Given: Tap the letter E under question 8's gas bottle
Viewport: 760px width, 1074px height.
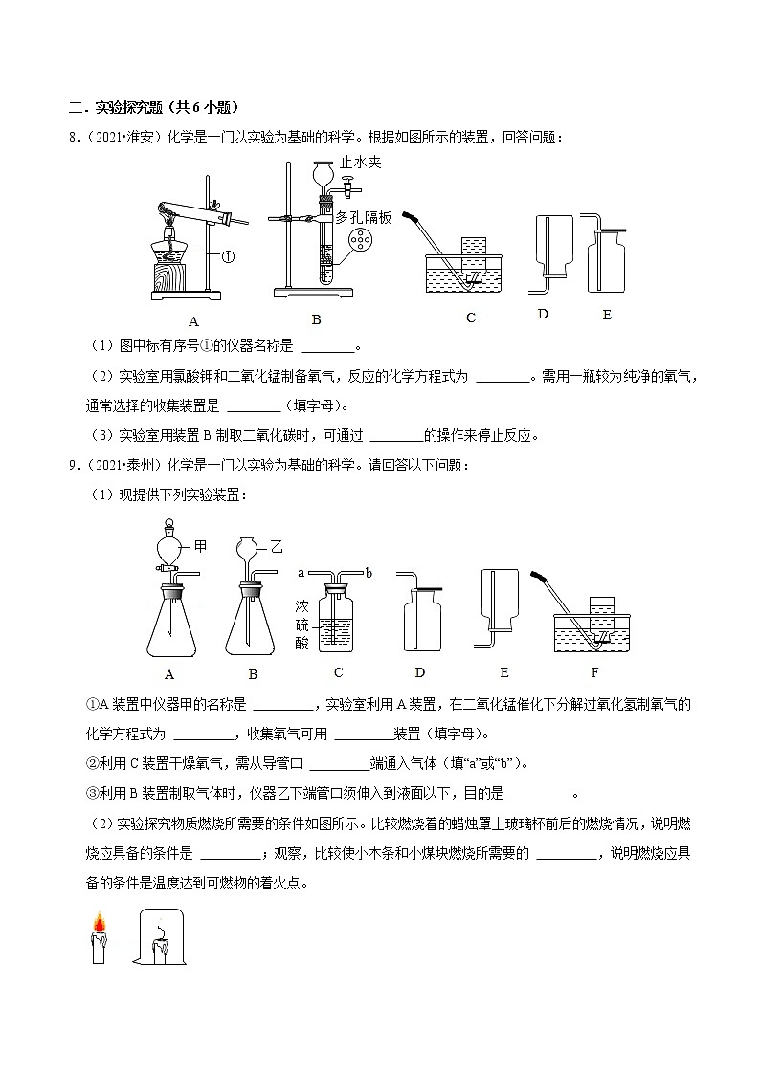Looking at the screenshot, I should (x=607, y=314).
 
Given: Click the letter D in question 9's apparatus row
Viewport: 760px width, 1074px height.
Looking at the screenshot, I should (x=419, y=673).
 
